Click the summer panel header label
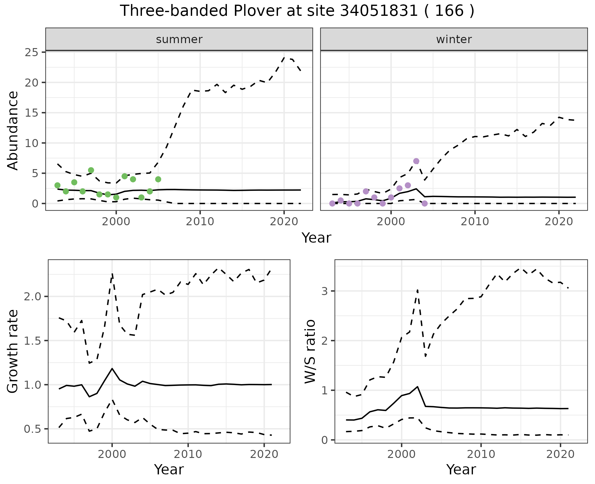click(179, 39)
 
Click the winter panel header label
click(454, 39)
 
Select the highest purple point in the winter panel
click(416, 161)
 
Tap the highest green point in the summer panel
click(91, 170)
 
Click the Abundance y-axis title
click(13, 130)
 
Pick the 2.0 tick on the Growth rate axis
click(32, 296)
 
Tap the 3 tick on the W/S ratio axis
click(327, 291)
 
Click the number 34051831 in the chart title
click(379, 11)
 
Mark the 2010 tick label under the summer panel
click(200, 222)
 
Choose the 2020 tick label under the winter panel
click(559, 222)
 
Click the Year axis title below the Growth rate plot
click(169, 469)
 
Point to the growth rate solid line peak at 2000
click(112, 368)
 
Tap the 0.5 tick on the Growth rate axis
click(32, 429)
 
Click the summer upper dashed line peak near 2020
click(285, 57)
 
